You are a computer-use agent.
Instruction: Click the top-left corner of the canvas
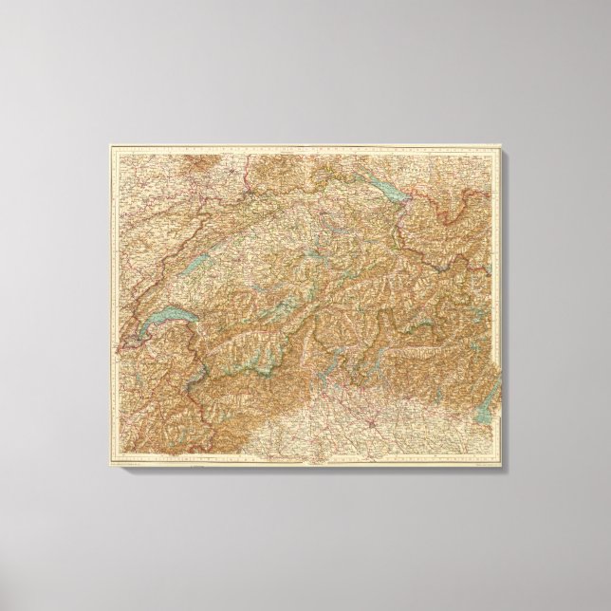point(108,144)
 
